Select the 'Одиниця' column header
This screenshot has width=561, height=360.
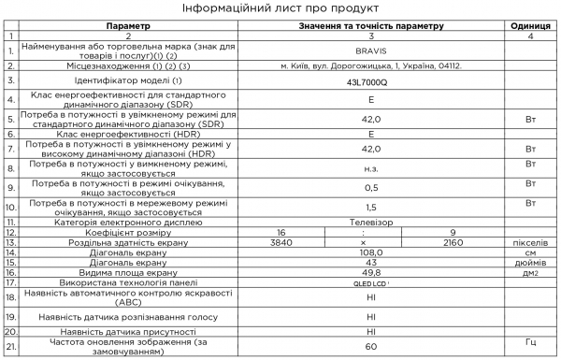click(530, 27)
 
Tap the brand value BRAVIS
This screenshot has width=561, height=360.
click(371, 52)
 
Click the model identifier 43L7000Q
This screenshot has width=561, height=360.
click(371, 82)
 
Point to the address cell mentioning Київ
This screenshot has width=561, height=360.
click(371, 67)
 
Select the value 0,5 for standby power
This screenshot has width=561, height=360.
click(371, 186)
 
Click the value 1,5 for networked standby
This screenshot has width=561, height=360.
click(371, 207)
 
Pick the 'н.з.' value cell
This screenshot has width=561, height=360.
click(371, 167)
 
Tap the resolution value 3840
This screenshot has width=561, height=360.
click(280, 242)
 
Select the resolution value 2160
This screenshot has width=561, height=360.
click(453, 242)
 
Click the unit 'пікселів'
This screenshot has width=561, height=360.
click(530, 242)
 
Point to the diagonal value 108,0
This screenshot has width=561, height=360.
click(371, 252)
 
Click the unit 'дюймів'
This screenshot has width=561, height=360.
click(530, 262)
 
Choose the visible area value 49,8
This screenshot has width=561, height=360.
click(371, 272)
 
